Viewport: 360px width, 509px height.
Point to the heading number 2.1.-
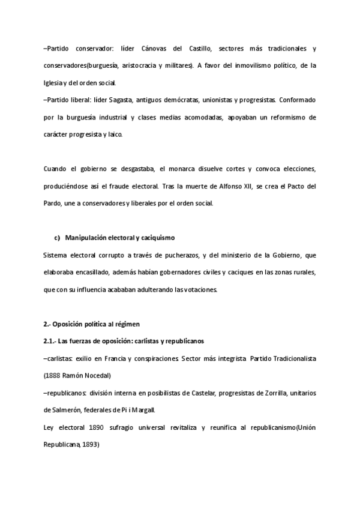[x=53, y=342]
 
